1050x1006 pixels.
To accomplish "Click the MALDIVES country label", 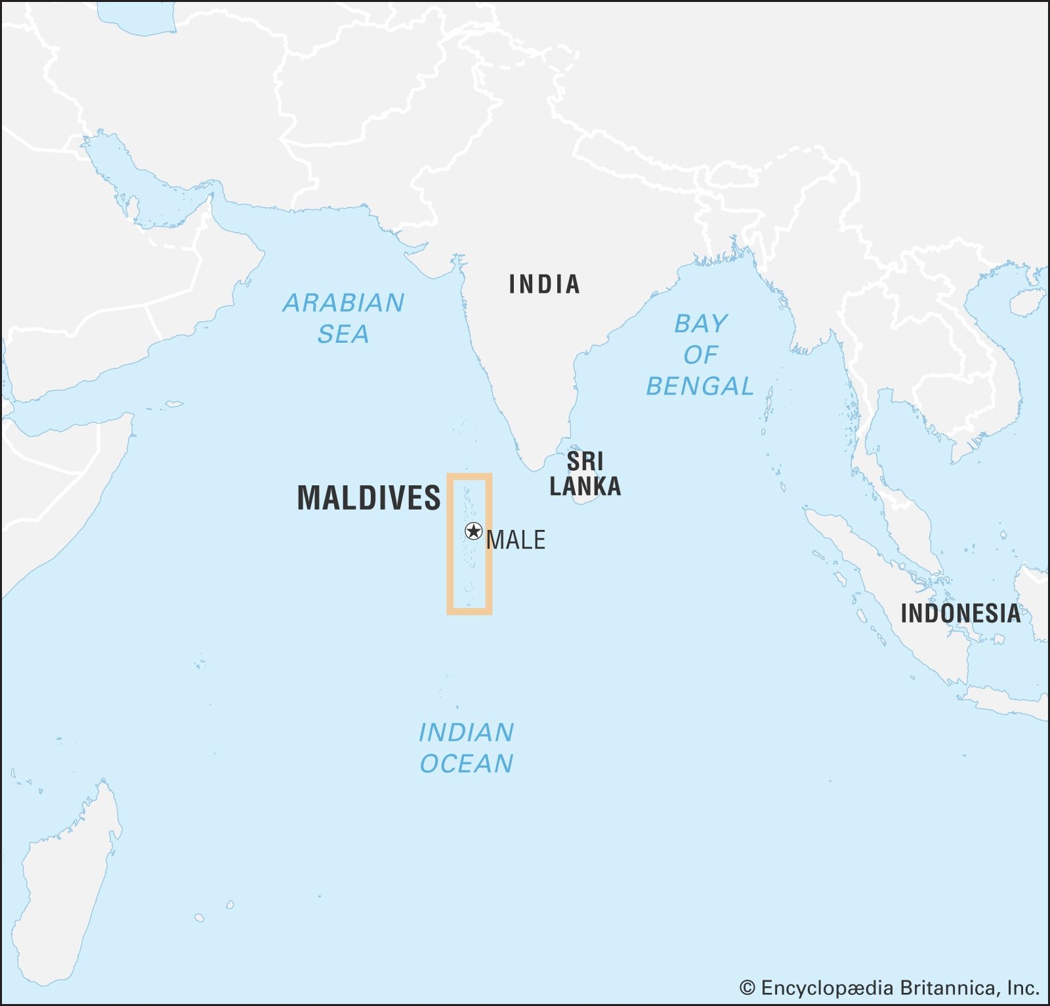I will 369,498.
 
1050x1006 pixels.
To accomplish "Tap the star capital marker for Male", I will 473,531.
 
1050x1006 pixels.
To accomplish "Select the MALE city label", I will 516,540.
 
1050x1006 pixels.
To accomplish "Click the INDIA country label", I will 544,284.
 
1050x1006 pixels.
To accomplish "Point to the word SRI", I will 585,461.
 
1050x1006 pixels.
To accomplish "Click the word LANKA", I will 585,487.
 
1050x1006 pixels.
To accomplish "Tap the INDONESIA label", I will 960,613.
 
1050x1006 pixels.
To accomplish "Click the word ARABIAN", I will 343,303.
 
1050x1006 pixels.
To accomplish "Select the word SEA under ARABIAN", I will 343,334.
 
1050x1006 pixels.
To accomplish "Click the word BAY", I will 701,324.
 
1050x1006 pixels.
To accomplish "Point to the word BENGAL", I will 700,386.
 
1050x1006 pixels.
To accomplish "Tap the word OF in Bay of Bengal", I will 700,355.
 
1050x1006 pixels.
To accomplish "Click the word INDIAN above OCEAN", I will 466,732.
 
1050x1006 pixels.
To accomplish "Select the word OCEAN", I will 466,764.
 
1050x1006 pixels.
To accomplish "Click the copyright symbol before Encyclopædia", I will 747,988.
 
